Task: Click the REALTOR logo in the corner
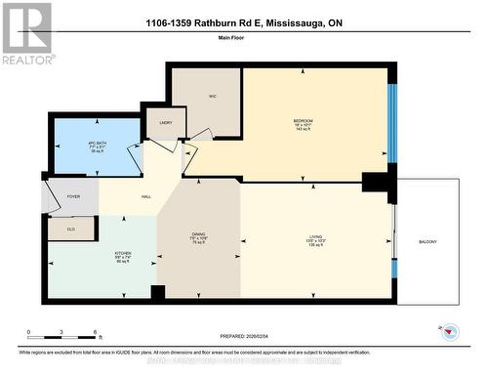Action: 26,34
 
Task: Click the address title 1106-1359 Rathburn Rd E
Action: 244,22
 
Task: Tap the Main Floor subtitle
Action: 244,40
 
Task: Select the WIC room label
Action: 212,97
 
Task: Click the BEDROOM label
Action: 303,120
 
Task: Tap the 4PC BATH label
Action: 97,144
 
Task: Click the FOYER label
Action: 73,196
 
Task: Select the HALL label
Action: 145,197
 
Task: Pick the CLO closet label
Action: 71,229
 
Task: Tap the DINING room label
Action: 198,236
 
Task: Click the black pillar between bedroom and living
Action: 375,182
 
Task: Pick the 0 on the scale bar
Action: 28,332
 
